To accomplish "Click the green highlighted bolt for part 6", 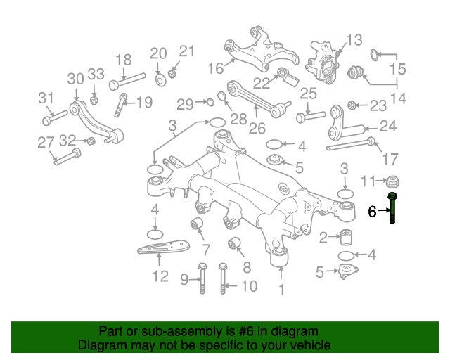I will point(392,209).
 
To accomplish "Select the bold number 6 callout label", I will point(373,210).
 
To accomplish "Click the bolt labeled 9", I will point(202,279).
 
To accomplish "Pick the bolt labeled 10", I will point(224,279).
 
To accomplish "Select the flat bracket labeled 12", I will point(162,250).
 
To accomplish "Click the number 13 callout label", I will point(353,39).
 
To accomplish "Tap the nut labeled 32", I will point(90,142).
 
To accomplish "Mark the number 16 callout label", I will point(215,68).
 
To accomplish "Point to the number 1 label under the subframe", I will point(282,289).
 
